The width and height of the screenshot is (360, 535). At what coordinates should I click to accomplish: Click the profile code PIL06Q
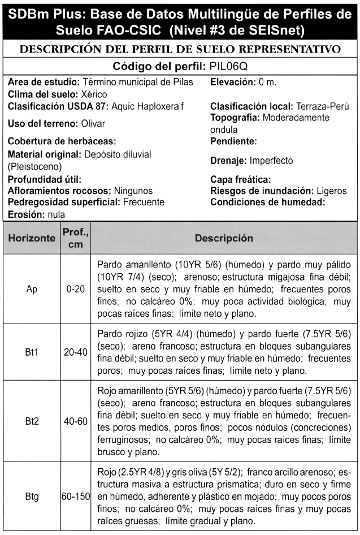231,66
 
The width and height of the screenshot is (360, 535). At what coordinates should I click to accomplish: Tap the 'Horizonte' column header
32,238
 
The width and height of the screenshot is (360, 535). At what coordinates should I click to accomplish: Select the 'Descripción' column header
224,238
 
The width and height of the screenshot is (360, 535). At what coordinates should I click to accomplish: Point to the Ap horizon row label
32,288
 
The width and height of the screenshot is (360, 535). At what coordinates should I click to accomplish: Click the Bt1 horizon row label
32,352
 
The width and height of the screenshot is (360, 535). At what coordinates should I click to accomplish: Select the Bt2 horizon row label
32,421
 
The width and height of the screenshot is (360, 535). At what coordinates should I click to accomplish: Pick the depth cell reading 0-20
75,288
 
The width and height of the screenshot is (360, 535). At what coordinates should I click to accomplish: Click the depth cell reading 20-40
75,352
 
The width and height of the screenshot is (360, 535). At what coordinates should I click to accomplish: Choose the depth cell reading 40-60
75,421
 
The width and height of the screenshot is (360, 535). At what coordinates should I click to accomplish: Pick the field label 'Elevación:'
233,82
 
